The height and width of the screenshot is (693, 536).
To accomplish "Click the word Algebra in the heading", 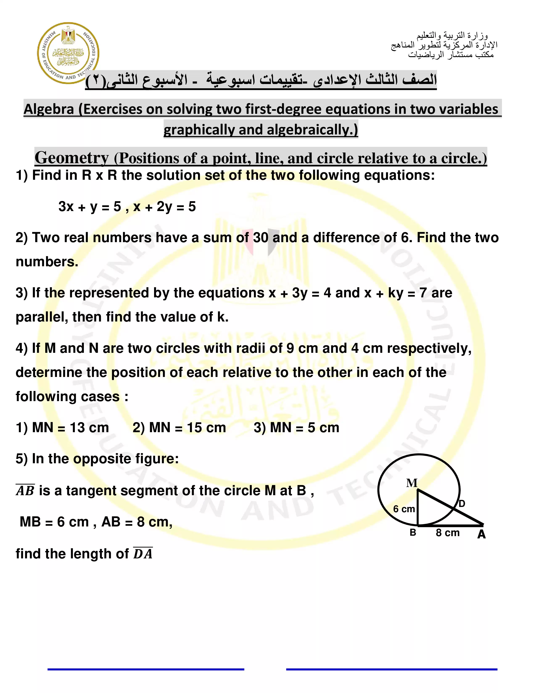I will point(49,109).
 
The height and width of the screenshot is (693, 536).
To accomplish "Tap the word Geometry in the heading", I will point(71,158).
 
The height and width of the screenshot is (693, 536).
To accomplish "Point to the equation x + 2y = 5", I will point(165,207).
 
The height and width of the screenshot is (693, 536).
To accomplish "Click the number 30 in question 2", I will point(260,238).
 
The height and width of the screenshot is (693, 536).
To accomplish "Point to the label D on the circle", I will point(462,504).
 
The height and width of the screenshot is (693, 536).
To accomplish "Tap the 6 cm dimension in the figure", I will point(404,509).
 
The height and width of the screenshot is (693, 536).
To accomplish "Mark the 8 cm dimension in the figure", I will point(448,533).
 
